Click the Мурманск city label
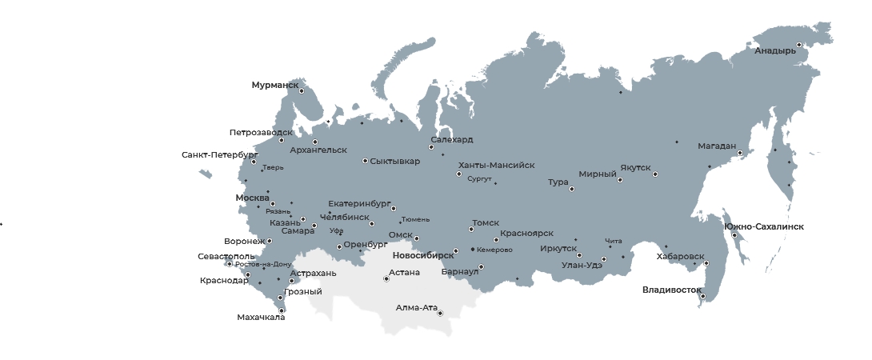click(x=274, y=85)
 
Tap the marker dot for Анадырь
click(x=798, y=45)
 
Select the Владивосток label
click(x=671, y=290)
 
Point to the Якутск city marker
click(x=654, y=174)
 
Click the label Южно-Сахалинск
click(x=764, y=227)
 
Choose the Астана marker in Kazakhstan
click(x=386, y=279)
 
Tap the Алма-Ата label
click(x=416, y=307)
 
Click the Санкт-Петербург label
click(x=219, y=154)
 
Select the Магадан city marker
click(x=740, y=153)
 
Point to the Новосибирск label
click(x=422, y=256)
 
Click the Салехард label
click(x=451, y=139)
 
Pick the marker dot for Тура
click(x=571, y=189)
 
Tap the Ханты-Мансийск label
click(x=496, y=165)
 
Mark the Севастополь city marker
click(x=230, y=264)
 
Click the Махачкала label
click(x=261, y=318)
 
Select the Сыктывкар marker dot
click(x=365, y=161)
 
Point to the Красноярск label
click(x=526, y=233)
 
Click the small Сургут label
click(x=479, y=179)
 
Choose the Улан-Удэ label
click(x=582, y=265)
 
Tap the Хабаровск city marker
click(x=706, y=263)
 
